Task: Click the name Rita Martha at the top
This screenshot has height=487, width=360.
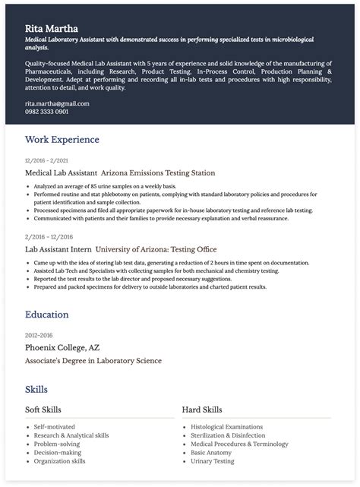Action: (51, 28)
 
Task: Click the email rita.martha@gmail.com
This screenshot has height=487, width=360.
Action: (57, 103)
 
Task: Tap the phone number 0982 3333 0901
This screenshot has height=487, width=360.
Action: (47, 112)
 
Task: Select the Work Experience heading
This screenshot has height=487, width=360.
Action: (62, 140)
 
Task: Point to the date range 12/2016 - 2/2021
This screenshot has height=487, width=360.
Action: (46, 160)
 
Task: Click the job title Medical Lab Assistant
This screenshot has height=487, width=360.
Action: (61, 173)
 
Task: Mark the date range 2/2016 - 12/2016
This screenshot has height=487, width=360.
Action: (46, 237)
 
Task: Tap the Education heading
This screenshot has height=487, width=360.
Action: (47, 315)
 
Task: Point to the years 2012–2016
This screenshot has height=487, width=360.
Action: (39, 334)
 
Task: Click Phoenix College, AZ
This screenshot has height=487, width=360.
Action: (63, 347)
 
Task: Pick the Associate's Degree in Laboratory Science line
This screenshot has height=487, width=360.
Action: (93, 361)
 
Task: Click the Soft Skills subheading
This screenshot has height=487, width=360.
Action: (43, 410)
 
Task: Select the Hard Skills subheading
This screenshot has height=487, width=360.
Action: (202, 410)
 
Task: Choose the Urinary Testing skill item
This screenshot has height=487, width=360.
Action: (213, 461)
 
